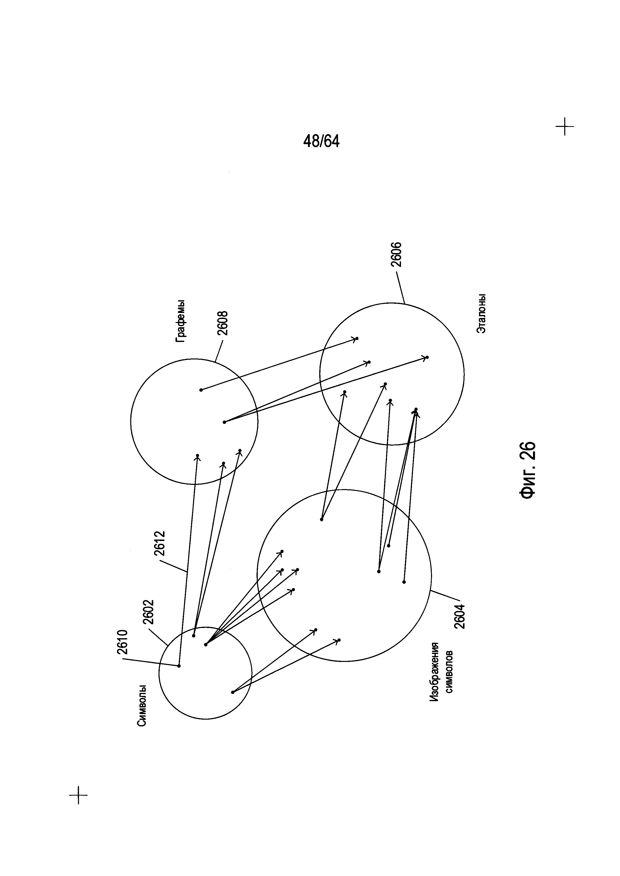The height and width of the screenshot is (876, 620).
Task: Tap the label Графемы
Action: tap(180, 321)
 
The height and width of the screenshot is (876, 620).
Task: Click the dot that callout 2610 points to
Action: tap(179, 666)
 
